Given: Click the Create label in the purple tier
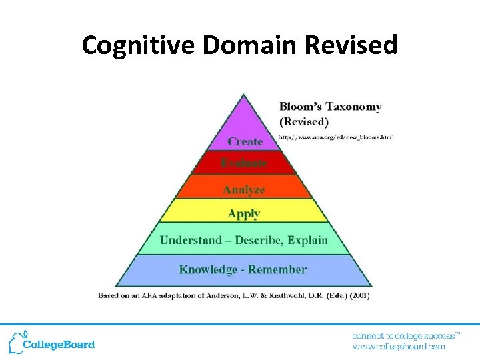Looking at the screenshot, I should [245, 141].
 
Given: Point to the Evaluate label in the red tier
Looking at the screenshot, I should [244, 163].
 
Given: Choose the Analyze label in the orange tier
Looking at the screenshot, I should [244, 190].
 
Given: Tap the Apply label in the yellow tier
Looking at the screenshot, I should [244, 214].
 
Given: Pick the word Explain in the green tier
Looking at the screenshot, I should [307, 240].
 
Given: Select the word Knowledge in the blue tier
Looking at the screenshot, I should [208, 270].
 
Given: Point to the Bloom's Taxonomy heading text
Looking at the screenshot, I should [330, 107].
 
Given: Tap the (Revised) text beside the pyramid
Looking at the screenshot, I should [304, 122].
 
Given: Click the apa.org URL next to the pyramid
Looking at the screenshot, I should [336, 137].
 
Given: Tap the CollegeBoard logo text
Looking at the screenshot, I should [59, 345].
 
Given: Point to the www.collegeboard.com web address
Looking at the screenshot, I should [398, 347].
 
